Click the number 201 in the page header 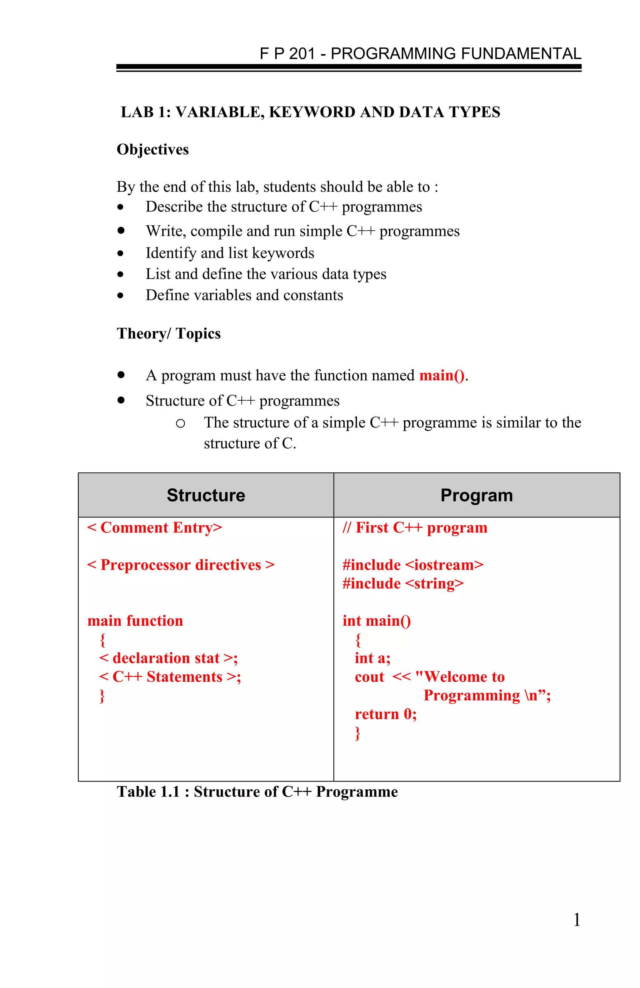(x=302, y=54)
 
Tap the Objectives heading (x=152, y=150)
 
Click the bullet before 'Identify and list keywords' (x=120, y=253)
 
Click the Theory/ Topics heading (x=169, y=334)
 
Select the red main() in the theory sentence (x=442, y=375)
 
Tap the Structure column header (x=206, y=495)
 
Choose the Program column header (x=476, y=495)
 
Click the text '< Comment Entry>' (x=154, y=528)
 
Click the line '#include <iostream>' (x=413, y=565)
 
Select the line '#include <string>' (x=403, y=584)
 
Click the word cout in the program (x=369, y=677)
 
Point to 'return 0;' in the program (x=385, y=714)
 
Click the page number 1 (x=577, y=920)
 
